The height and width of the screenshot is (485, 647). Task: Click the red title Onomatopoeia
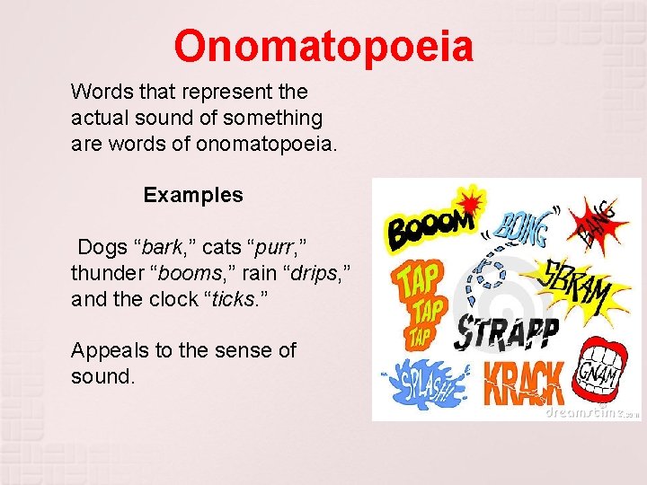pos(323,46)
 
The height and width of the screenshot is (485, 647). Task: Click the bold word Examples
pos(193,195)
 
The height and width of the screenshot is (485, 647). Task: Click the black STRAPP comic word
pos(508,332)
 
